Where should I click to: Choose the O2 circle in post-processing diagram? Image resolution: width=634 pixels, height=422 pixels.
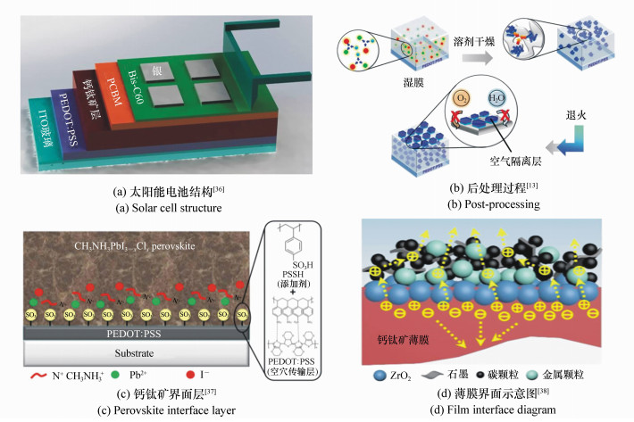click(438, 121)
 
